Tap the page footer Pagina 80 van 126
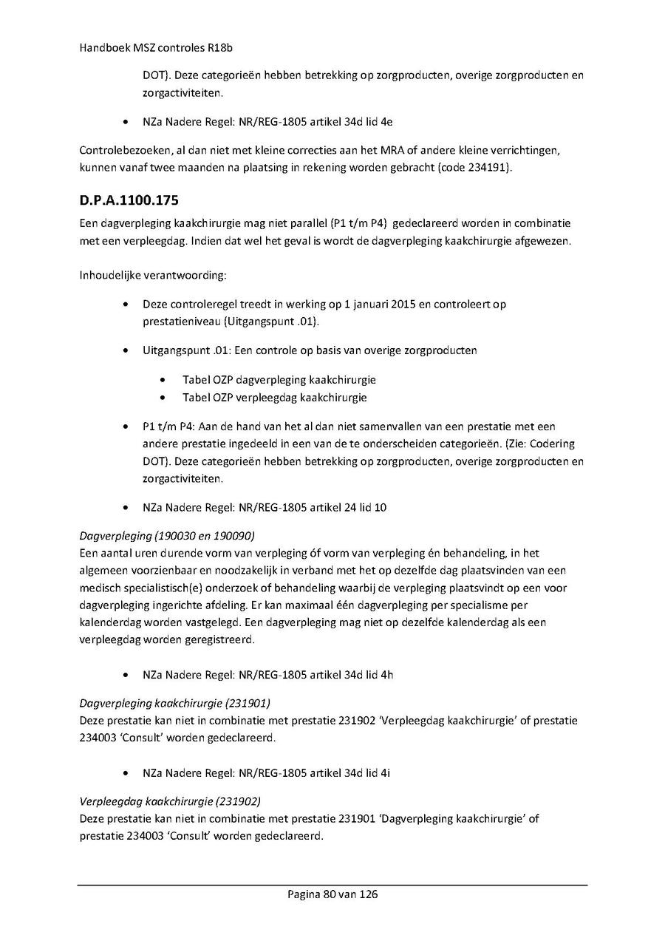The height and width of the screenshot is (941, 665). tap(332, 894)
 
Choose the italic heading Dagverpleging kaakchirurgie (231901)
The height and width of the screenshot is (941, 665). tap(174, 703)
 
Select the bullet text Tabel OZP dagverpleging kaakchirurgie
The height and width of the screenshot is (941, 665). tap(279, 380)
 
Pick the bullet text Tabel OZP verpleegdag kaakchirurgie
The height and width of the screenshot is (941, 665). tap(275, 397)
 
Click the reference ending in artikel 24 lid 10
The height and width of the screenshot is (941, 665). tap(265, 507)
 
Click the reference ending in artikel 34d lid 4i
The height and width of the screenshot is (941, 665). tap(266, 773)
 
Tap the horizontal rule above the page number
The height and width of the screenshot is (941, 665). tap(332, 885)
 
